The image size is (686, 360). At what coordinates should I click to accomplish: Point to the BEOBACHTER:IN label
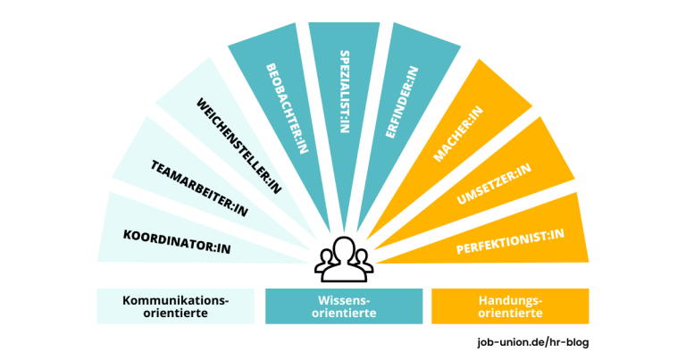(x=285, y=108)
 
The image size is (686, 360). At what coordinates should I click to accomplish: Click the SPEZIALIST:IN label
(x=344, y=88)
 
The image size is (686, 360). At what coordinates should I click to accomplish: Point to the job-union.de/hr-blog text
(x=533, y=341)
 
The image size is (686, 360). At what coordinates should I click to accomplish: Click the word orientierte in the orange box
(x=510, y=314)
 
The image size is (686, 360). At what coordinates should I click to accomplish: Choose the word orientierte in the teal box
(x=344, y=314)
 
